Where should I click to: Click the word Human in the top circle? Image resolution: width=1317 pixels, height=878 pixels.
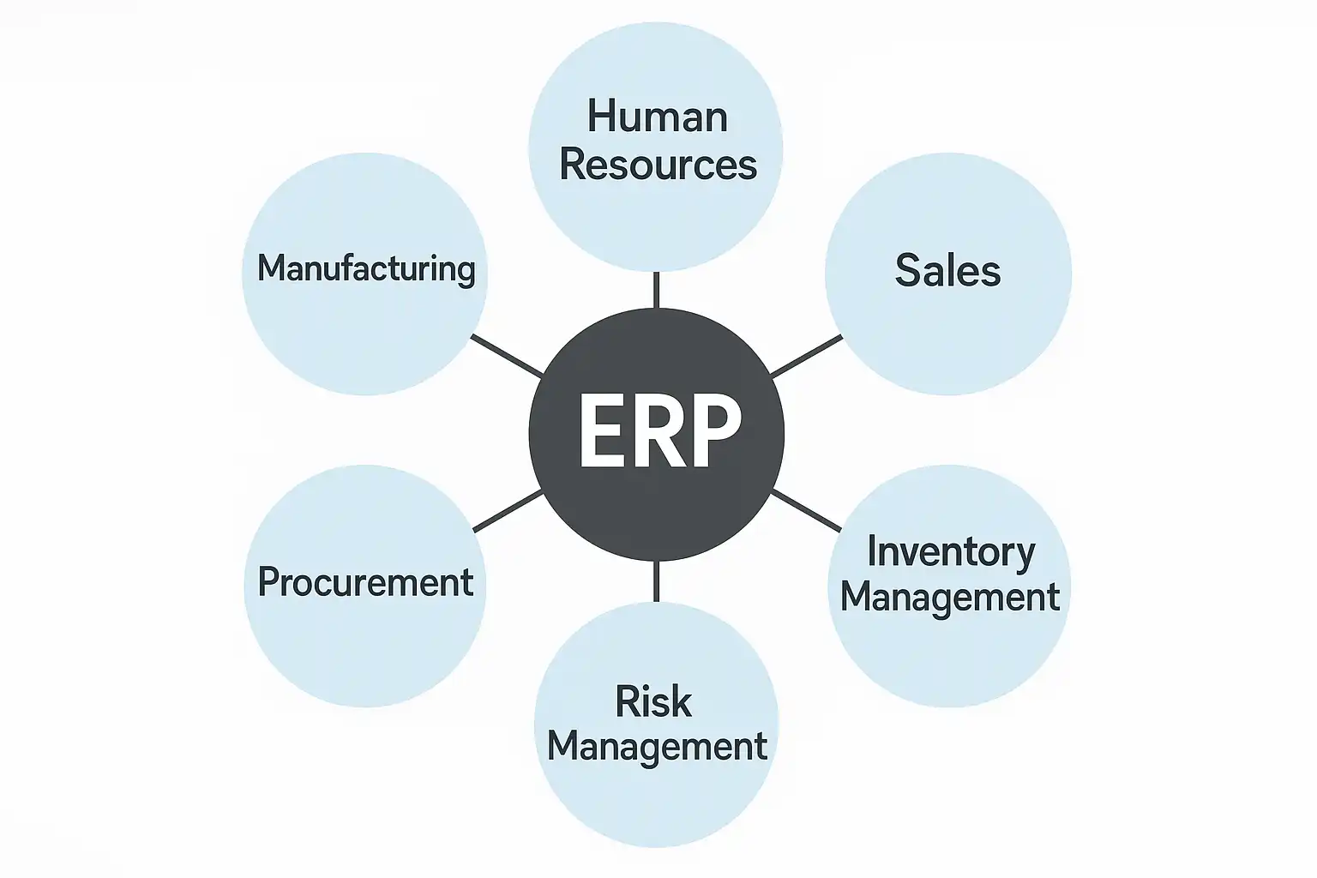coord(657,117)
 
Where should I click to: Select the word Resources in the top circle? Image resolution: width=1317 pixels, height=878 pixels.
coord(658,165)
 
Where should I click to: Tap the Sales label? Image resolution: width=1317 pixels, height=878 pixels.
coord(947,271)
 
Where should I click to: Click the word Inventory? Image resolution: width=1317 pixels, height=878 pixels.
coord(951,552)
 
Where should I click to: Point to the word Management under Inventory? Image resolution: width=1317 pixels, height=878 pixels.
coord(950,597)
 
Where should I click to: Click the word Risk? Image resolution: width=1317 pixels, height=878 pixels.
coord(653,702)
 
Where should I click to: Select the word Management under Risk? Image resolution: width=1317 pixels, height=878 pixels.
coord(657,747)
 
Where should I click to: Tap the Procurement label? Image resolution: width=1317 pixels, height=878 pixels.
coord(365,582)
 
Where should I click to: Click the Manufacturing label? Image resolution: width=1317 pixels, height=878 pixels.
coord(366,268)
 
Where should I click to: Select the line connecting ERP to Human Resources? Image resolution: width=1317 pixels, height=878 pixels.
coord(656,290)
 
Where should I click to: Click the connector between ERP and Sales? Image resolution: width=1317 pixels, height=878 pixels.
coord(806,356)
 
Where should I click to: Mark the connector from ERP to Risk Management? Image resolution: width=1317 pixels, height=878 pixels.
coord(656,581)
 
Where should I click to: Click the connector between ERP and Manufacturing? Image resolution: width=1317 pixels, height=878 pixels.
coord(507,355)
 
